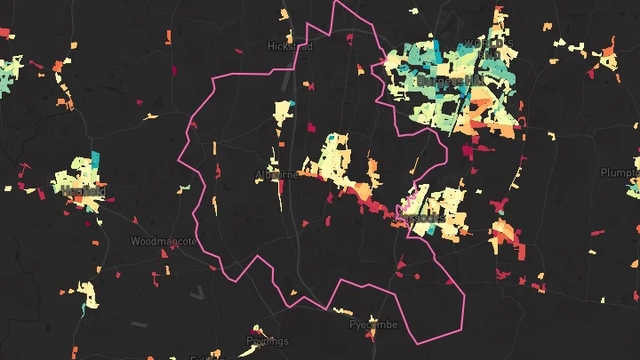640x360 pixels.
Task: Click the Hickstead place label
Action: click(290, 46)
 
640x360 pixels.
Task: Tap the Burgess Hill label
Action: click(451, 81)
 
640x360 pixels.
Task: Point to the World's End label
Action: click(484, 46)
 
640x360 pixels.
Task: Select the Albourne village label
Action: click(276, 174)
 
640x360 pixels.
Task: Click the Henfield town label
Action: click(84, 190)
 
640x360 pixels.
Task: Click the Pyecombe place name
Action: click(372, 326)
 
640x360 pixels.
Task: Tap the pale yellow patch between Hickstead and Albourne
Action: click(283, 114)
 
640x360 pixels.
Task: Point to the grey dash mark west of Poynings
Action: click(140, 323)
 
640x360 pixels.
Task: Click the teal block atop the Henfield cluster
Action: click(94, 159)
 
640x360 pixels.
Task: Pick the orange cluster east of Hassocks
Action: click(503, 234)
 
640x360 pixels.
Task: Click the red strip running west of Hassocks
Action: click(360, 194)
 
